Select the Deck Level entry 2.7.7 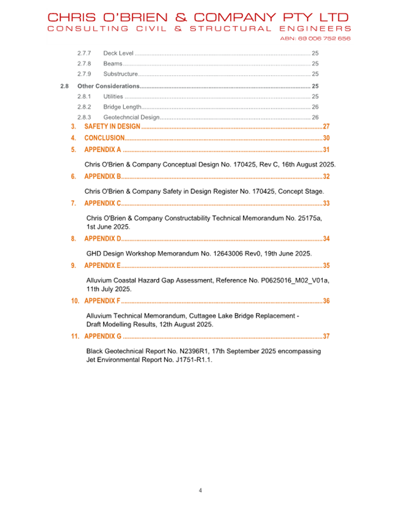pos(118,53)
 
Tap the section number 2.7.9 pos(84,74)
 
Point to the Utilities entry pos(113,96)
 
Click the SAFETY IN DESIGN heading pos(113,126)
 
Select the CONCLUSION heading pos(104,138)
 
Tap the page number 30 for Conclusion pos(326,138)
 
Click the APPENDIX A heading pos(103,150)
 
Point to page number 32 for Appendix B pos(326,176)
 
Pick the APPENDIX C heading pos(103,203)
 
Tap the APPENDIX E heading pos(103,266)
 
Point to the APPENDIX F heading pos(103,301)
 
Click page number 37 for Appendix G pos(326,337)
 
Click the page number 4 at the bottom pos(200,491)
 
